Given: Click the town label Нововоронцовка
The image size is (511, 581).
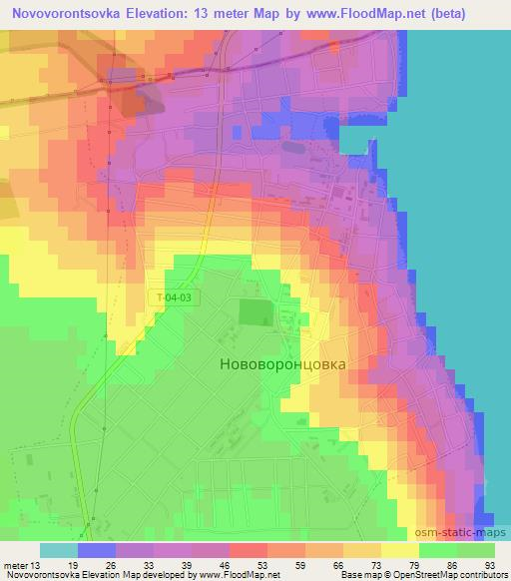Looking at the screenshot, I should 282,364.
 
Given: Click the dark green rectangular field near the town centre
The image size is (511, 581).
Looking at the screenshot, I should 254,312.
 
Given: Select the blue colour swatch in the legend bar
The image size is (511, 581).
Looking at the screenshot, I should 96,550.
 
